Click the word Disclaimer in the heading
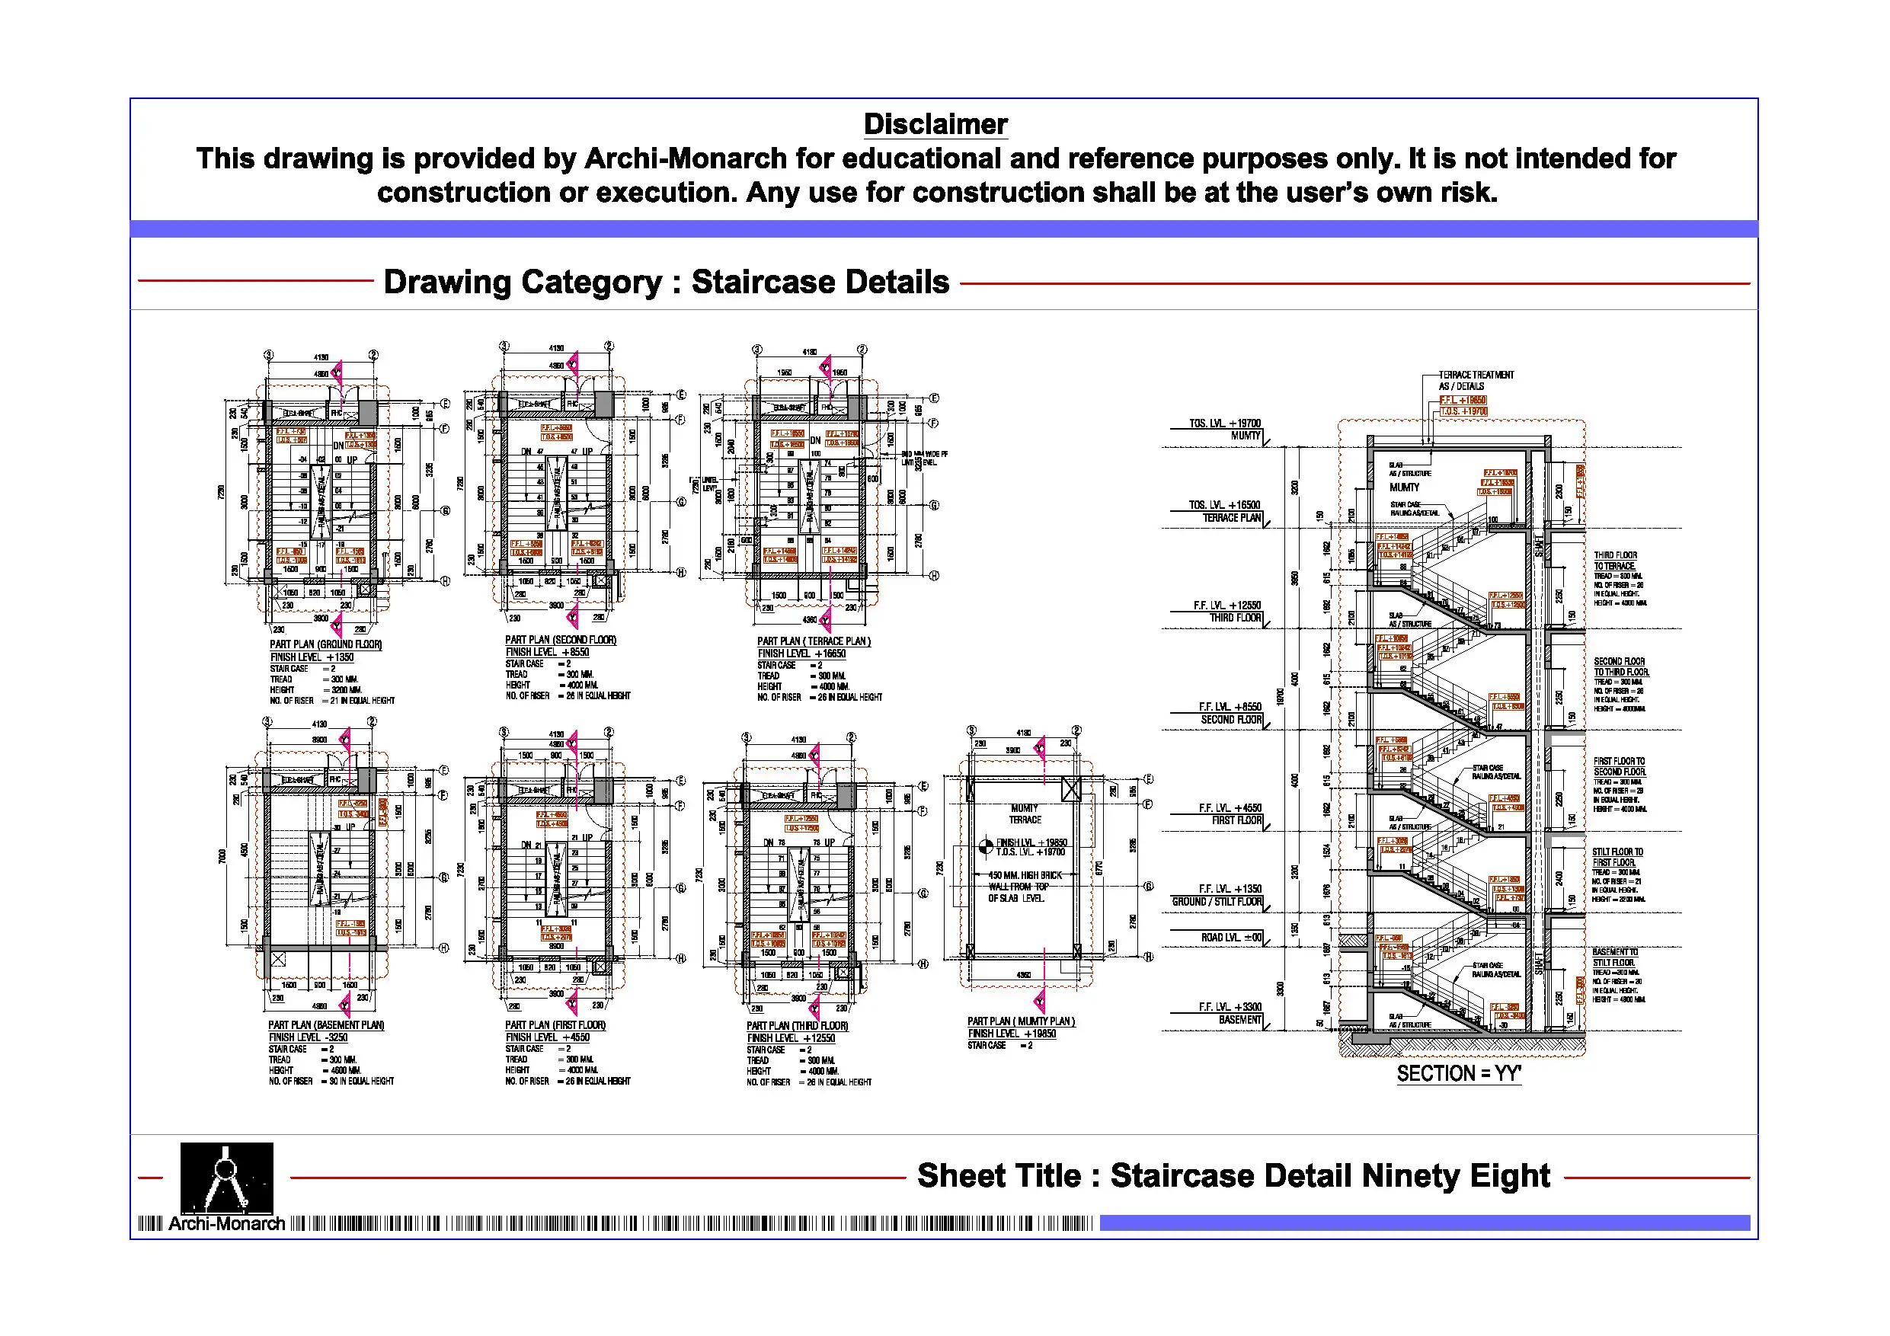[x=935, y=124]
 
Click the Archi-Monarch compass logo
[x=226, y=1176]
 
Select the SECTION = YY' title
[x=1459, y=1073]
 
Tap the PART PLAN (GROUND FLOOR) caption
[x=326, y=644]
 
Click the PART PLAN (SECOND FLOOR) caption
[x=561, y=640]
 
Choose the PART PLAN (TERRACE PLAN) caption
[x=814, y=641]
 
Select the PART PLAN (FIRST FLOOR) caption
[x=555, y=1024]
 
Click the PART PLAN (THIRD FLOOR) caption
[x=797, y=1026]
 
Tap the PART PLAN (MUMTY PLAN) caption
[x=1021, y=1021]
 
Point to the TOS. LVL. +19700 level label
[x=1225, y=423]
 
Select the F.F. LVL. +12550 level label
[x=1227, y=605]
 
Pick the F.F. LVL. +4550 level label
[x=1230, y=808]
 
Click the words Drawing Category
[x=523, y=282]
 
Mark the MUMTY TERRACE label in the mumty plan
[x=1025, y=814]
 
